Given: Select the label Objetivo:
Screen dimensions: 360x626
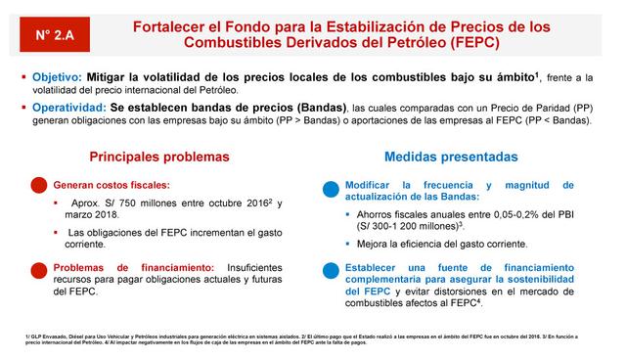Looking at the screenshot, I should [x=55, y=76].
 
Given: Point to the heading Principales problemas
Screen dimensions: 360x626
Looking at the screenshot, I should [x=159, y=157].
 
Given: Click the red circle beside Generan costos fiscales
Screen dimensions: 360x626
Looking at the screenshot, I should [x=40, y=186].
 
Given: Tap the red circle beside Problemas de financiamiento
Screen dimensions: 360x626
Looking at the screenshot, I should [x=40, y=270].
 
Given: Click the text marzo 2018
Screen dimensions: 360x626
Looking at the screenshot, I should [x=93, y=215].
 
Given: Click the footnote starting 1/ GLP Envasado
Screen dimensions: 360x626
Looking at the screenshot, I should [x=147, y=337].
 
